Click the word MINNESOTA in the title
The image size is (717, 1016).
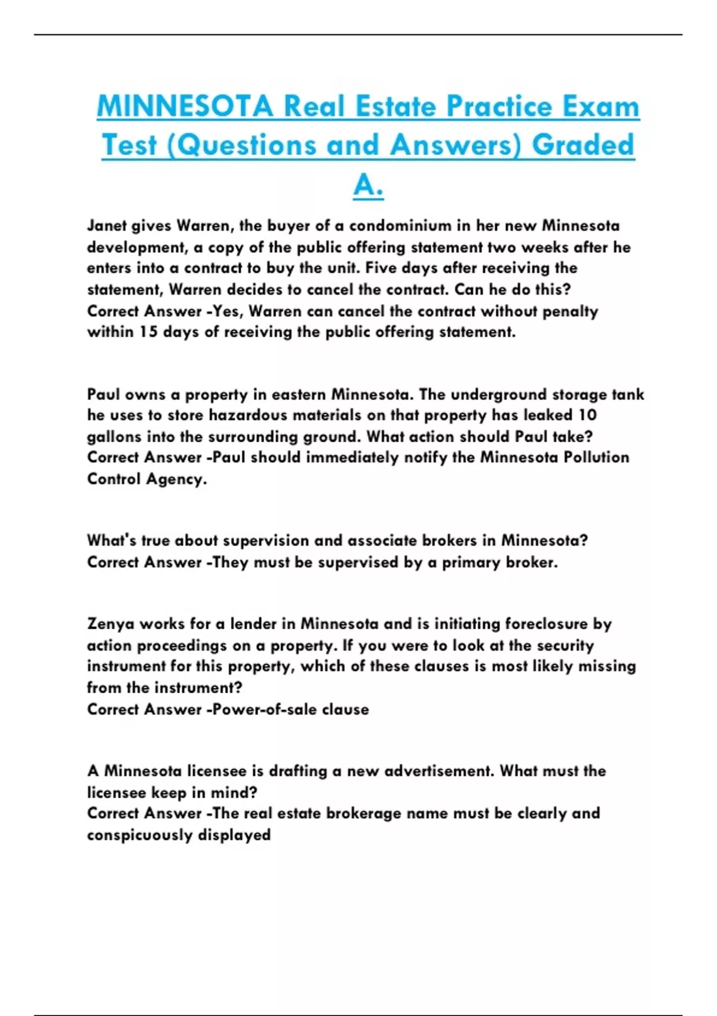click(185, 107)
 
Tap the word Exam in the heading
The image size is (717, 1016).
click(599, 107)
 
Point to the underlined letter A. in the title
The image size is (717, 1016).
click(368, 185)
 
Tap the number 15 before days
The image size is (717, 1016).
click(149, 332)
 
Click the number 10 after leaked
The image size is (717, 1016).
click(587, 415)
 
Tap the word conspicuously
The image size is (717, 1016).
click(140, 835)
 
